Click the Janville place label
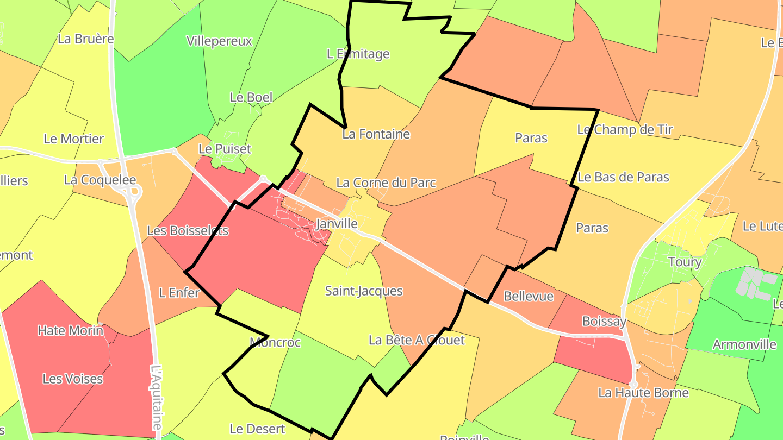click(x=337, y=224)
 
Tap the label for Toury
click(x=685, y=262)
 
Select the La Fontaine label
click(x=376, y=134)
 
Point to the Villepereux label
click(x=219, y=41)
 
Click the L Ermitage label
click(x=358, y=54)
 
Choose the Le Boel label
click(x=251, y=98)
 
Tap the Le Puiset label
click(x=225, y=149)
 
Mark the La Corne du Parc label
click(x=386, y=183)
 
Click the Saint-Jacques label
click(x=364, y=291)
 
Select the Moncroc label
click(x=275, y=343)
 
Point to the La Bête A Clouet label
click(x=417, y=341)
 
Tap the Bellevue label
click(x=529, y=297)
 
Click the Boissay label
click(x=604, y=322)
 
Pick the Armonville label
click(x=744, y=345)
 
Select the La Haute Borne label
click(x=643, y=393)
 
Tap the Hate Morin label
click(x=70, y=330)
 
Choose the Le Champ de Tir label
click(x=625, y=130)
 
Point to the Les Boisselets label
click(x=188, y=231)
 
